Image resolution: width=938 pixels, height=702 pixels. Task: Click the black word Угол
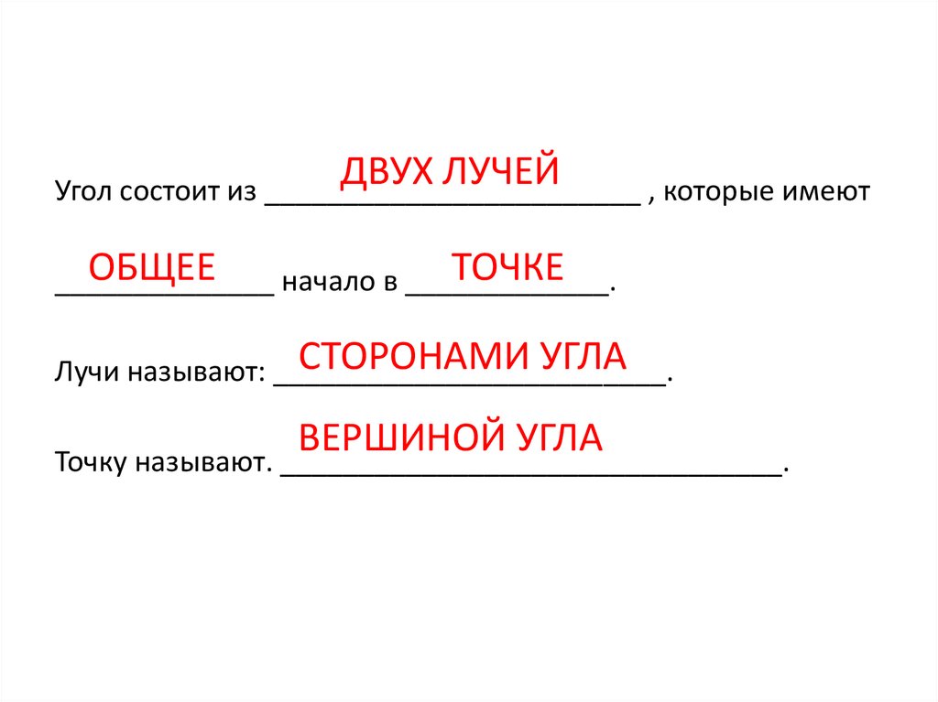click(x=82, y=194)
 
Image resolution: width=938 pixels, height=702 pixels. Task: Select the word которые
click(x=716, y=193)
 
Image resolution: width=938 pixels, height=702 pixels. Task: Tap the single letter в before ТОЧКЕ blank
click(x=387, y=284)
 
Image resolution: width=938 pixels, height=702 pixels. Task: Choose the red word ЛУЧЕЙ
click(x=500, y=173)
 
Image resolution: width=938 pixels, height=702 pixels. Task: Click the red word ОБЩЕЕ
click(x=151, y=267)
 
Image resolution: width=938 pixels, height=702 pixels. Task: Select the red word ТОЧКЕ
click(x=507, y=267)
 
